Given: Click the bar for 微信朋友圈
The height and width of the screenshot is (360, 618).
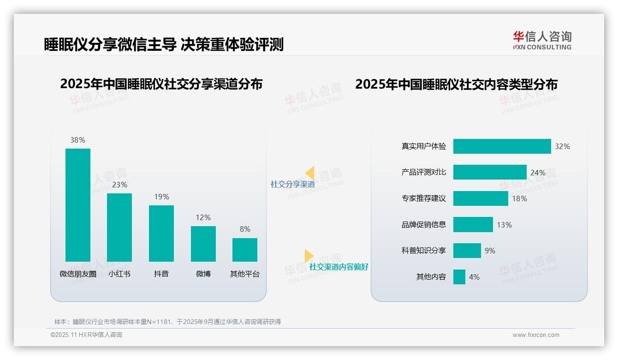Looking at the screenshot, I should pyautogui.click(x=78, y=205).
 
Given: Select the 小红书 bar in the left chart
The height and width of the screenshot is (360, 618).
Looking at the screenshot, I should pyautogui.click(x=119, y=227).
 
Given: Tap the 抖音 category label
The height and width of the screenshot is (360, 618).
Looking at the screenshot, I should pyautogui.click(x=161, y=274).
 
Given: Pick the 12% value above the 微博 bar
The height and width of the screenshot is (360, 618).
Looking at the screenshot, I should pyautogui.click(x=203, y=217).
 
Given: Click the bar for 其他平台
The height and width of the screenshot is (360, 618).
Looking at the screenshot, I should pyautogui.click(x=245, y=250).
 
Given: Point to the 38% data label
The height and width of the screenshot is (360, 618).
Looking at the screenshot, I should pyautogui.click(x=78, y=140).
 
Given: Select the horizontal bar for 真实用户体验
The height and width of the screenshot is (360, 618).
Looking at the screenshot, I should pyautogui.click(x=502, y=146).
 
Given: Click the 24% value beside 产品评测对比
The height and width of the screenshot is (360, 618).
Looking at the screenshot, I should pyautogui.click(x=538, y=173).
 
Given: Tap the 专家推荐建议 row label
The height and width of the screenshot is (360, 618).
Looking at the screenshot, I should pyautogui.click(x=424, y=198).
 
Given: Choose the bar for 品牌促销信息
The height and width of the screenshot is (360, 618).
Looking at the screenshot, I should pyautogui.click(x=473, y=225).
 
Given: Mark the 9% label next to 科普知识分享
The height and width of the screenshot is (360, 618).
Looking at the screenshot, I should pyautogui.click(x=490, y=251).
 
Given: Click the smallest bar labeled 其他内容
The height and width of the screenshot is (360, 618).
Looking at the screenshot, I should pyautogui.click(x=459, y=277).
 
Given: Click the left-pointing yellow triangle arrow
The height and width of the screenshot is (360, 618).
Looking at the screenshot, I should pyautogui.click(x=310, y=173).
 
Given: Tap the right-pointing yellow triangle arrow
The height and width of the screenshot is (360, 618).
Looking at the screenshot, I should pyautogui.click(x=309, y=256).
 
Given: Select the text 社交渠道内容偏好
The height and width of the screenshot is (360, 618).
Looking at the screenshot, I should pyautogui.click(x=339, y=267).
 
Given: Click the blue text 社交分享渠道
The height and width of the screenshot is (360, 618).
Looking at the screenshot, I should pyautogui.click(x=293, y=184).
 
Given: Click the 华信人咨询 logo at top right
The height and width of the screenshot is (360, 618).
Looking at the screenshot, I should pyautogui.click(x=542, y=40).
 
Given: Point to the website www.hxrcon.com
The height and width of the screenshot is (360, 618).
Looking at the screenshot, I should pyautogui.click(x=536, y=335).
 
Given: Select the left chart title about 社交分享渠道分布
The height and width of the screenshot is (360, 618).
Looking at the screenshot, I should pyautogui.click(x=161, y=84).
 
